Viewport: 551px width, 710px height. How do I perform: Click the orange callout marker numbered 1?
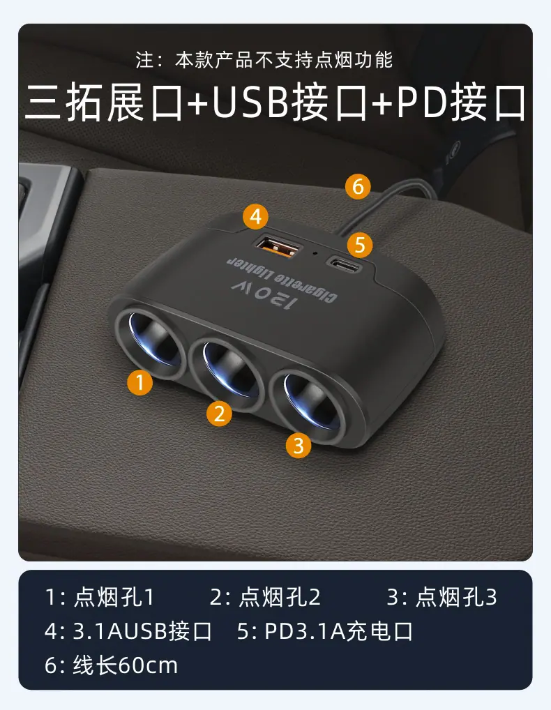tap(140, 382)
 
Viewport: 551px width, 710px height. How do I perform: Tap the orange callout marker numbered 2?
tap(219, 413)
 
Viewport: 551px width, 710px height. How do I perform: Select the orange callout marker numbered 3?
tap(299, 445)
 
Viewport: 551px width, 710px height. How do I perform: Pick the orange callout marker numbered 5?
tap(360, 245)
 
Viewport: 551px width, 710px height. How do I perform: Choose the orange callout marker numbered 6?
tap(358, 186)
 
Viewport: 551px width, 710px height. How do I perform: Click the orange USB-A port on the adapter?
tap(278, 247)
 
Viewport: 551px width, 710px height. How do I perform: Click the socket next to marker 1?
tap(151, 342)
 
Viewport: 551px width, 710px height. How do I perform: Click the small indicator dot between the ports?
tap(315, 252)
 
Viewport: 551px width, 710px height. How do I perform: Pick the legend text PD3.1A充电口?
tap(338, 631)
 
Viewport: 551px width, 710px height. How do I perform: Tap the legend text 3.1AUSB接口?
tap(142, 631)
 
